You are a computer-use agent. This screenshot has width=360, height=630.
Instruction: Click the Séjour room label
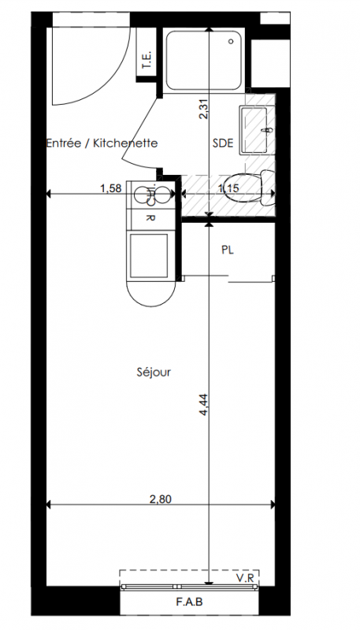(154, 372)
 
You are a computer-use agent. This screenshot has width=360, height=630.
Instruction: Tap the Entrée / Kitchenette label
(102, 143)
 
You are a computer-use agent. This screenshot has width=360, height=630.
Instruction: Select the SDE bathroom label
(223, 143)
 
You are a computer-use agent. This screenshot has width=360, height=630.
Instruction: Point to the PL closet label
(228, 250)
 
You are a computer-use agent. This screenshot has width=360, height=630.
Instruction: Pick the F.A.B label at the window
(189, 602)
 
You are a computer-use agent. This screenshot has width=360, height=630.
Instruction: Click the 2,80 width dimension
(161, 499)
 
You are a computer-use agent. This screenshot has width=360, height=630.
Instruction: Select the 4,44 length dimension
(204, 404)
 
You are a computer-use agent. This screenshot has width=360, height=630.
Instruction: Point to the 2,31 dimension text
(204, 109)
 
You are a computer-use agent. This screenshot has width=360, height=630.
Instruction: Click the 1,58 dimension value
(110, 188)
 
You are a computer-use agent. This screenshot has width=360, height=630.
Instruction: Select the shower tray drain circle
(231, 41)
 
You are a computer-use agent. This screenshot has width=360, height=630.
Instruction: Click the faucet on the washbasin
(266, 129)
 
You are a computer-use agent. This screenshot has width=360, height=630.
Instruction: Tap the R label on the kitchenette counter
(150, 219)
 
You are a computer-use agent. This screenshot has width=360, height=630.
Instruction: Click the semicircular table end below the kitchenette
(151, 293)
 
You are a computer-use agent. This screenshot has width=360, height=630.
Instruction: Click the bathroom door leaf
(140, 133)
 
